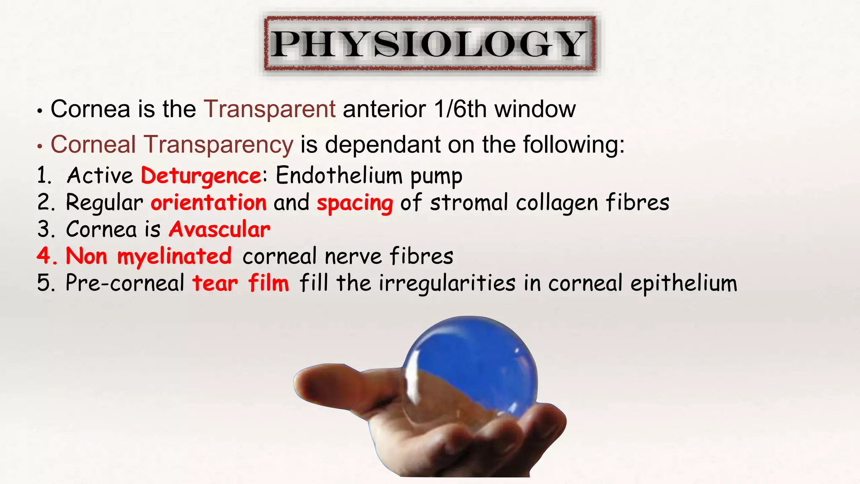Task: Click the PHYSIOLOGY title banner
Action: pos(430,44)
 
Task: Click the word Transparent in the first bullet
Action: pos(270,109)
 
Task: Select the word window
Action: pos(535,109)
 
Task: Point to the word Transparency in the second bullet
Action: pos(218,145)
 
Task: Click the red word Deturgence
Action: pos(201,176)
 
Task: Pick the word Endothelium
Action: pos(339,175)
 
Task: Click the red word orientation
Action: pos(209,203)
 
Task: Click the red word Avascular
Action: pos(220,229)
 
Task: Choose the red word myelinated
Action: pos(174,257)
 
